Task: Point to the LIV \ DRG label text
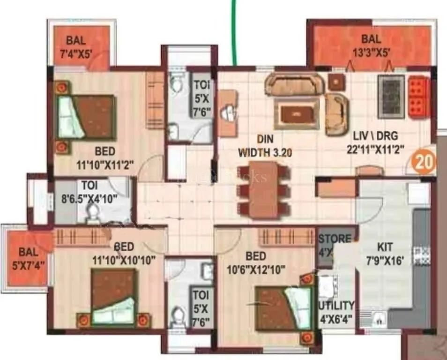pos(375,136)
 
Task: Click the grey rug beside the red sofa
pos(391,97)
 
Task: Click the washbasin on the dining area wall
pos(228,112)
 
